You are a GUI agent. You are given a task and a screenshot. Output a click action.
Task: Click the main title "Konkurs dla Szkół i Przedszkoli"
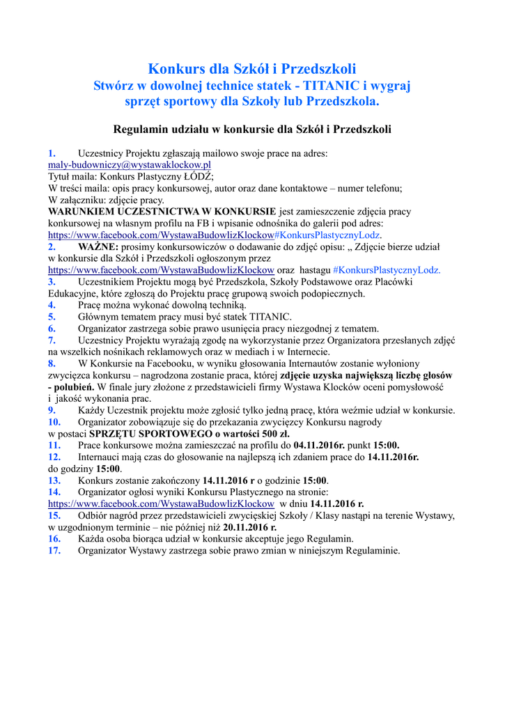point(252,69)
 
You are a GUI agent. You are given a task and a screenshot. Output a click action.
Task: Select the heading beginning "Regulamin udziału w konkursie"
point(252,129)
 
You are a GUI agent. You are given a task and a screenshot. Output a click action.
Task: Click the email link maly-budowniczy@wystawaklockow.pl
point(130,165)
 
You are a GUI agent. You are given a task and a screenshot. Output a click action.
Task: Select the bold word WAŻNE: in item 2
point(98,246)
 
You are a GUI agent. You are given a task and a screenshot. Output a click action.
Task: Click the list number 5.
point(52,317)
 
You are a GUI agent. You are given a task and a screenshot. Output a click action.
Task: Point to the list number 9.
point(52,410)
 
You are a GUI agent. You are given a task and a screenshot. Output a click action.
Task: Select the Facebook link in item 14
point(161,503)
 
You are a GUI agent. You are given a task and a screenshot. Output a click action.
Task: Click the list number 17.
point(54,550)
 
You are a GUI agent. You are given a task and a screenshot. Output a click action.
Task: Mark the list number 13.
point(54,480)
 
